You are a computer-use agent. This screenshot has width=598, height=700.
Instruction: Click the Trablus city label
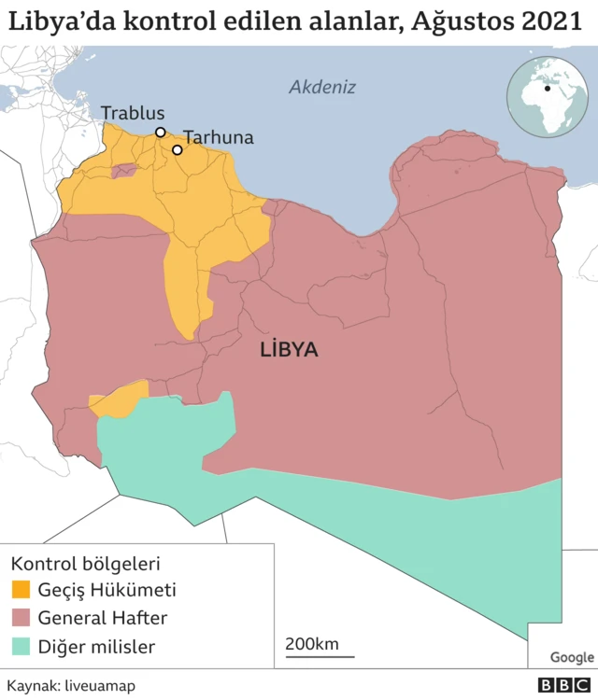point(132,113)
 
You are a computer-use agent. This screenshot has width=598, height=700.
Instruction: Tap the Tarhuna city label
point(218,137)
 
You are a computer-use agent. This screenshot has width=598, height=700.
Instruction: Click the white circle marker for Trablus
point(161,133)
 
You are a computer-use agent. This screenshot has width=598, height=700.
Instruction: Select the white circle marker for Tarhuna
point(177,149)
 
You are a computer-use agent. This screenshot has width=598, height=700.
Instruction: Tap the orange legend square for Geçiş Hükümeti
point(20,591)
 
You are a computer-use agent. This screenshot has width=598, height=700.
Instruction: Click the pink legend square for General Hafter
point(20,619)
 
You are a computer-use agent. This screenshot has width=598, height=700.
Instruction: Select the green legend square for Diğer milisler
point(20,647)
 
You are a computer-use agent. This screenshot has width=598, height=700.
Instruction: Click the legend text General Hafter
point(103,619)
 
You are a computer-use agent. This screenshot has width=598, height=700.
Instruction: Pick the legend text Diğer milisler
point(96,647)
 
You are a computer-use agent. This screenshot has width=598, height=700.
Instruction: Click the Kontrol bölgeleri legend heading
point(85,565)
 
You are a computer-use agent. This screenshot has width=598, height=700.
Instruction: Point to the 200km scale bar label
point(312,644)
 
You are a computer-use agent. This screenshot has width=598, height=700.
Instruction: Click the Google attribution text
point(572,658)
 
